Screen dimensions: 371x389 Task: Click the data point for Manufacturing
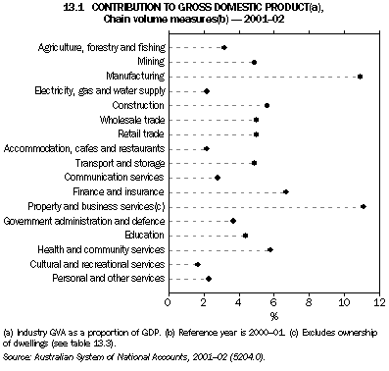(361, 76)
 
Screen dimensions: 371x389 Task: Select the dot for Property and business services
(364, 206)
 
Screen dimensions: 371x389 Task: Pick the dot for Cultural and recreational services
(198, 264)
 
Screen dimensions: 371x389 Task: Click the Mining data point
(254, 62)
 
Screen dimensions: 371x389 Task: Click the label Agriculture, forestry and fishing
(101, 47)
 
